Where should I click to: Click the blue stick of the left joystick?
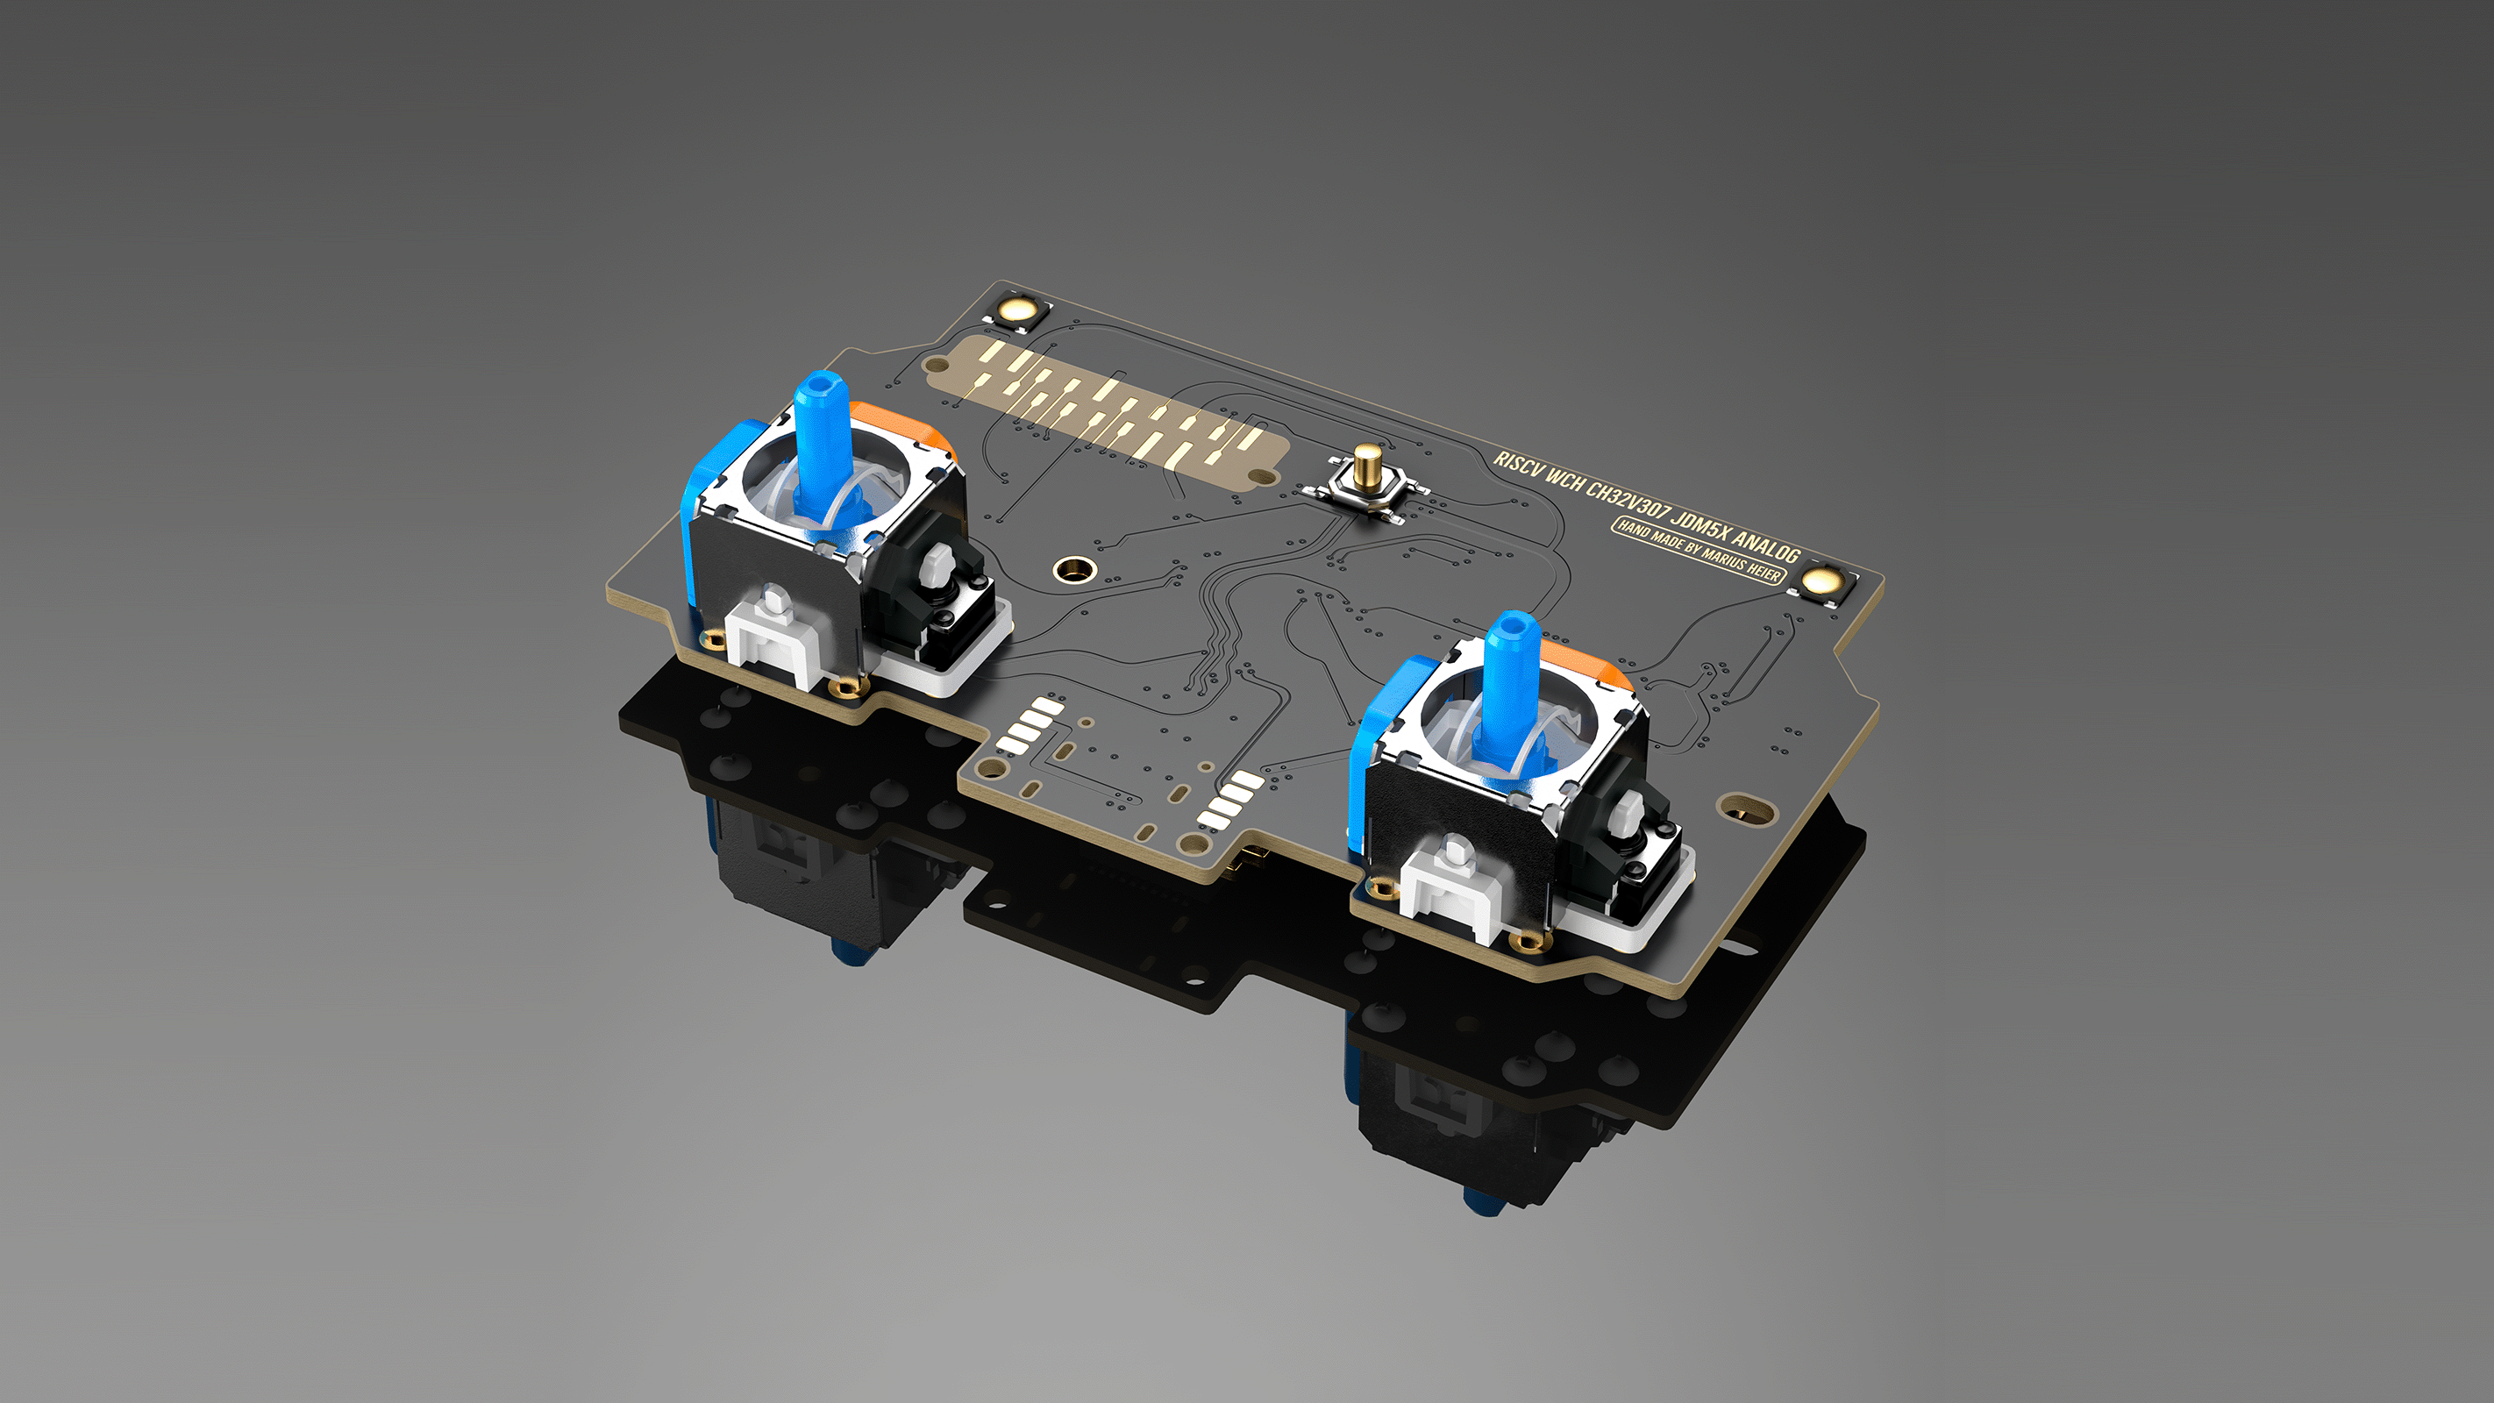click(822, 426)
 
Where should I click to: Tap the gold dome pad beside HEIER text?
click(1821, 581)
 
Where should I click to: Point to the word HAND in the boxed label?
click(1634, 530)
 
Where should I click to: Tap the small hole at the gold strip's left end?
click(937, 365)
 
